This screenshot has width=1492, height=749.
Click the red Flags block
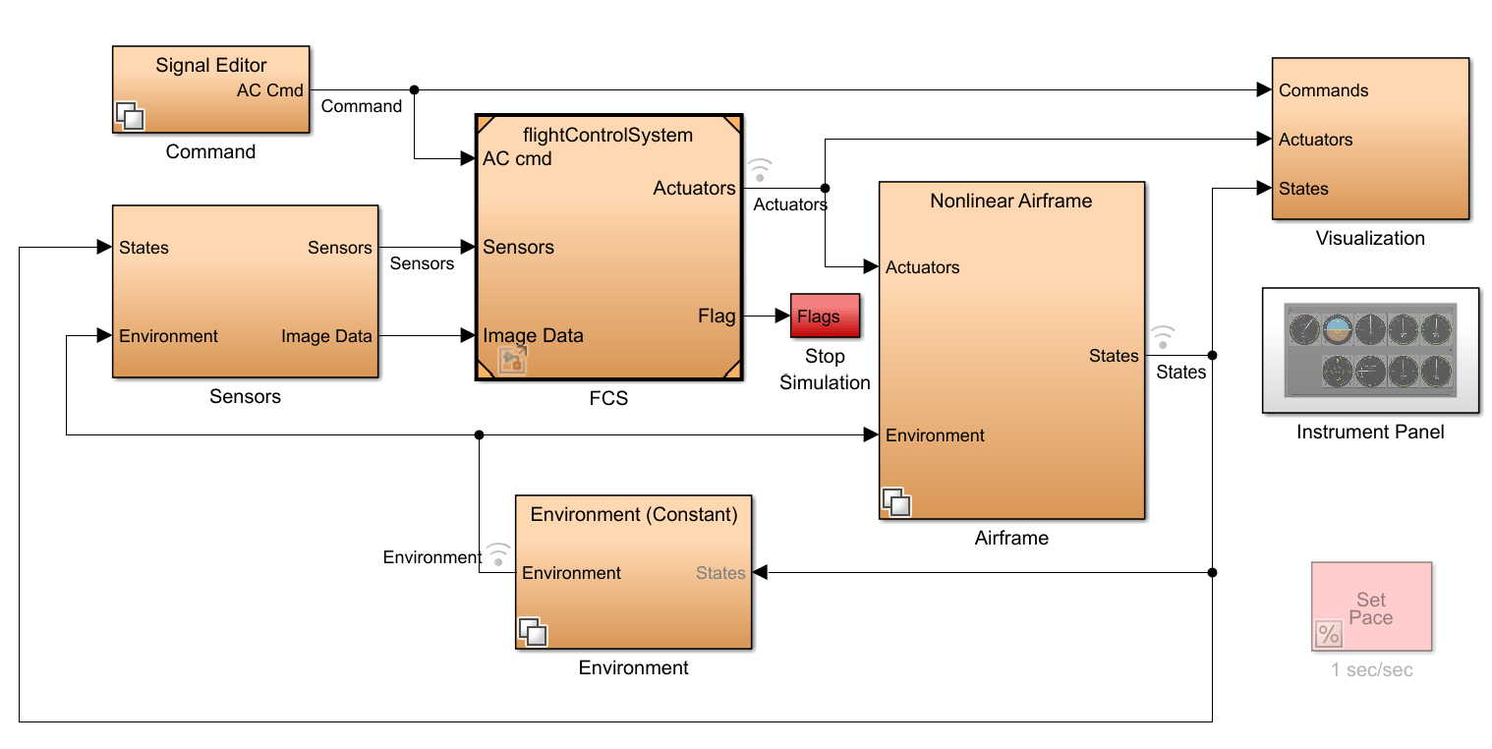click(x=825, y=316)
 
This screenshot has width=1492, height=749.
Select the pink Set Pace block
click(x=1371, y=606)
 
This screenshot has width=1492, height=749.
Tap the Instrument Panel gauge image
click(x=1370, y=349)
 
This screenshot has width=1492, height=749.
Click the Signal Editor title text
click(x=211, y=66)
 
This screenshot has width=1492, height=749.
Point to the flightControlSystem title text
click(x=608, y=135)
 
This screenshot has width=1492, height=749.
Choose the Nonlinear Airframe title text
click(x=1011, y=201)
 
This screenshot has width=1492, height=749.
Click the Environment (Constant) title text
click(x=634, y=514)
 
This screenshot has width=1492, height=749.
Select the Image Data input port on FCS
click(x=533, y=335)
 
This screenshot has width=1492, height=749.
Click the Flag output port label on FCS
click(x=717, y=316)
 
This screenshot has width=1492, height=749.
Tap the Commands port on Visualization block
click(x=1323, y=90)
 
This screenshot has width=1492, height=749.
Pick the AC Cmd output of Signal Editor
click(x=270, y=90)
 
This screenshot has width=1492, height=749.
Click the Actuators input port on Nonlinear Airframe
click(x=922, y=266)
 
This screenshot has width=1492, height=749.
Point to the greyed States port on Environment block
click(x=720, y=573)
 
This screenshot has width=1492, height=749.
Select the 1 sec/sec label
click(x=1371, y=669)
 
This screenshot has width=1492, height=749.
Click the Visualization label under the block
click(x=1370, y=238)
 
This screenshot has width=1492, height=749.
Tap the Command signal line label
click(x=362, y=106)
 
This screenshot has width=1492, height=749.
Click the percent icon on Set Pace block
click(x=1329, y=635)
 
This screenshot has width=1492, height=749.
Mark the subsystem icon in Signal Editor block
click(x=130, y=117)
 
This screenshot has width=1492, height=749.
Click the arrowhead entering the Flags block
click(x=783, y=317)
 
